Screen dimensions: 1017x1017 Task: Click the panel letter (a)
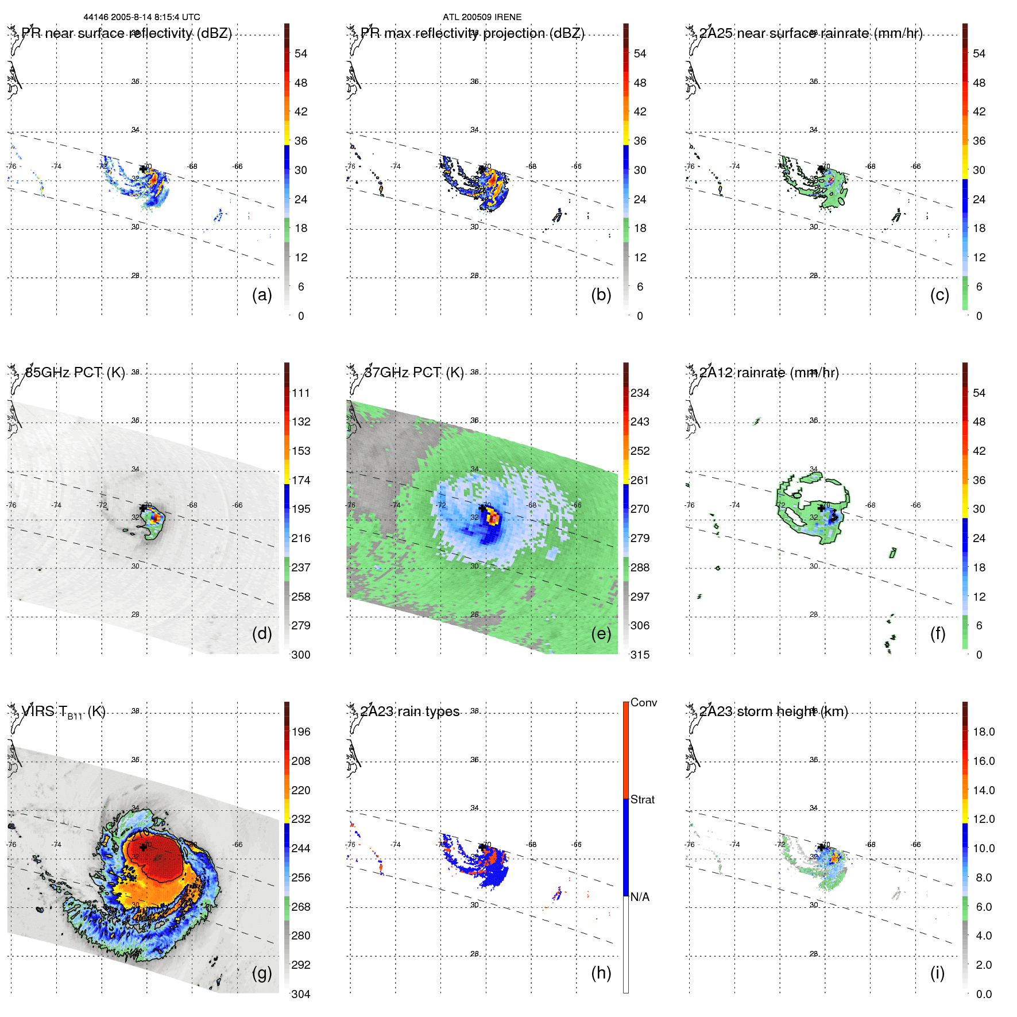[x=262, y=295]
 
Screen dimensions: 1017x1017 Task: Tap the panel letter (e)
[x=601, y=634]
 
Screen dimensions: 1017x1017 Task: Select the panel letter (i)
[x=937, y=973]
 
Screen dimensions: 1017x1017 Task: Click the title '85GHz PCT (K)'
[x=75, y=373]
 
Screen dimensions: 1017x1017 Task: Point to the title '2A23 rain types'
[x=410, y=711]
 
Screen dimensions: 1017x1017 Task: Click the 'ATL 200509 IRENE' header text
[x=482, y=17]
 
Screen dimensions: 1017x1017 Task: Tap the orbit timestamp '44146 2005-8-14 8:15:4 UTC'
[x=142, y=17]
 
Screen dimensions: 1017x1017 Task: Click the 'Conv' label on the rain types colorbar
[x=643, y=702]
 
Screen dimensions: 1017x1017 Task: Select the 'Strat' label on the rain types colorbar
[x=642, y=799]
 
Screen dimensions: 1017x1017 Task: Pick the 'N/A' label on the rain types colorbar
[x=640, y=897]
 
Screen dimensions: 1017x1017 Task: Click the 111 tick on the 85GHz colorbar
[x=300, y=393]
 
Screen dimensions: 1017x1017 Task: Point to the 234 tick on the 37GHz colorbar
[x=640, y=393]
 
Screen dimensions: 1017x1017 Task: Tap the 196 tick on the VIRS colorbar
[x=300, y=732]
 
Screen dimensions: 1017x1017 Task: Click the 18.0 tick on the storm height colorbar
[x=983, y=732]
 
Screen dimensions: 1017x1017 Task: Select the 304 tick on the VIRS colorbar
[x=300, y=994]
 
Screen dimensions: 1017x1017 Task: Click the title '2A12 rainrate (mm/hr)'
[x=769, y=373]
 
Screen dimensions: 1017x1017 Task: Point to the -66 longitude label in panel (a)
[x=237, y=167]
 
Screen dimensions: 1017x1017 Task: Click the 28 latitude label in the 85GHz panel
[x=135, y=614]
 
